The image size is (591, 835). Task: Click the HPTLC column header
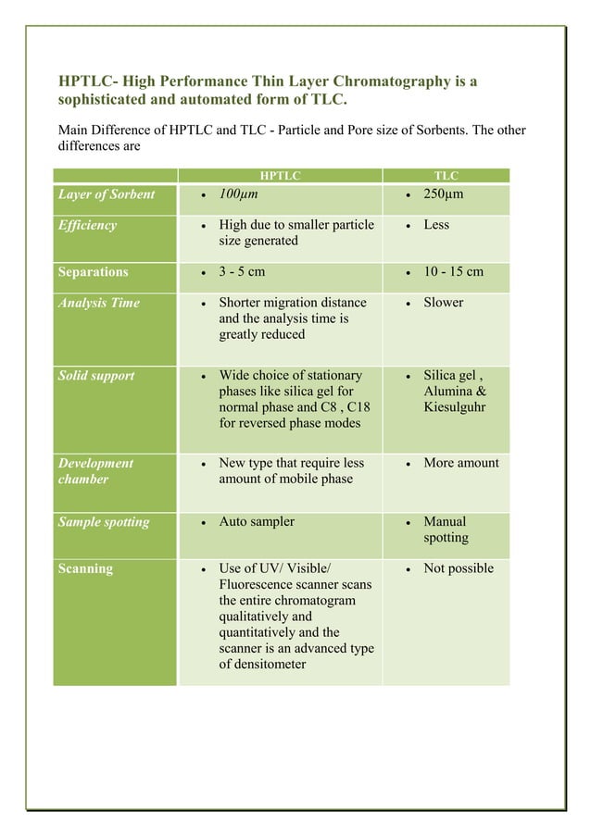pos(279,175)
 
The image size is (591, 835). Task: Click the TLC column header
pos(446,175)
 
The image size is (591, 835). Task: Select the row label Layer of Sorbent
pos(106,194)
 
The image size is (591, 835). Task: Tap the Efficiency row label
pos(87,225)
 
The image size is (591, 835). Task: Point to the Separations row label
pos(93,272)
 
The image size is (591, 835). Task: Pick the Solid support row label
pos(95,376)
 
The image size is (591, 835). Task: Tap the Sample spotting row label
pos(103,522)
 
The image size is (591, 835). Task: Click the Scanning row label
pos(85,568)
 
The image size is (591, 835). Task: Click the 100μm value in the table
pos(238,194)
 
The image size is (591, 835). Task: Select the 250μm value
pos(443,194)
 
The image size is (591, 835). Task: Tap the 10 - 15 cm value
pos(453,272)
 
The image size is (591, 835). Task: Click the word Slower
pos(443,303)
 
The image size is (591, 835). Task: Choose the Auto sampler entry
pos(257,522)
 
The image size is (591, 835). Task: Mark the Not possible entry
pos(459,568)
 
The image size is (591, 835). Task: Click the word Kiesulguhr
pos(455,407)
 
